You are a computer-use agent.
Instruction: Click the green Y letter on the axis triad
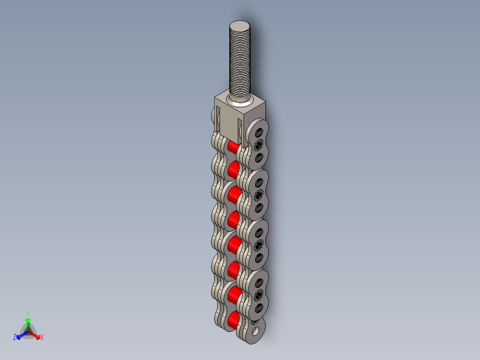click(x=28, y=313)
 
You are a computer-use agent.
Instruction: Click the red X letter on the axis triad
click(x=41, y=338)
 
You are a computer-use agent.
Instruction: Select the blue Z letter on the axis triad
click(x=15, y=338)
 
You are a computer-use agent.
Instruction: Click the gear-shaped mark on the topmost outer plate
click(x=258, y=145)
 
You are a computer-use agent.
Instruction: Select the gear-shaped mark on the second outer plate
click(x=258, y=195)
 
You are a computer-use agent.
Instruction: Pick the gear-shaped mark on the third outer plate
click(x=258, y=245)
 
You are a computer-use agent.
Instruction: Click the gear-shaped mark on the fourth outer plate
click(x=258, y=295)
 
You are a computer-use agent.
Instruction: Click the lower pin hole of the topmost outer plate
click(x=259, y=158)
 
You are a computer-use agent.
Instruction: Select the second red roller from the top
click(x=233, y=169)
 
